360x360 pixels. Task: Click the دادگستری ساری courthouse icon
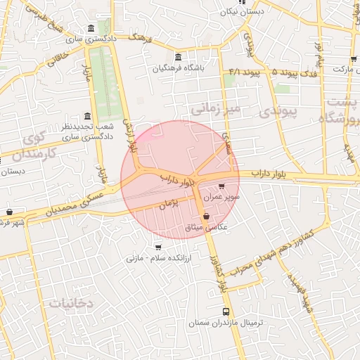tap(91, 29)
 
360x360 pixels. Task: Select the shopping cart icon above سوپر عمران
tap(222, 187)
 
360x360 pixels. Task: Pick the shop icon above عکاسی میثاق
tap(205, 217)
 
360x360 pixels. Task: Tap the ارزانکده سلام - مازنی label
tap(149, 259)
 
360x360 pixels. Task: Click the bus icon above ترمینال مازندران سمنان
tap(226, 311)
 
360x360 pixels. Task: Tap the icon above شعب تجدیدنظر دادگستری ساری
tap(87, 116)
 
